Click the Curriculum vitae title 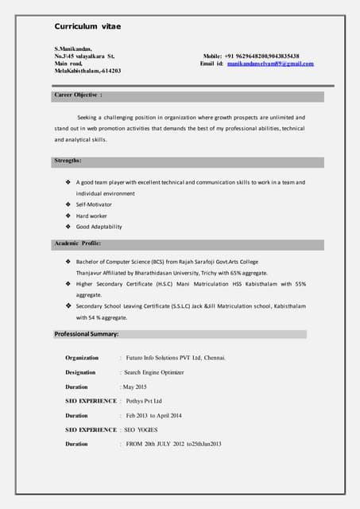tap(88, 27)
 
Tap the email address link tap(270, 64)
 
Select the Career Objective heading tap(78, 95)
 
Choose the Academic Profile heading tap(77, 243)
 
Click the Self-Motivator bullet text tap(94, 204)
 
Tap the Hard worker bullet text tap(91, 216)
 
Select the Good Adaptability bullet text tap(99, 227)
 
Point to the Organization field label tap(82, 358)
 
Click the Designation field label tap(80, 372)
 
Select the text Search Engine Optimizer tap(154, 372)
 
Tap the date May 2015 tap(135, 387)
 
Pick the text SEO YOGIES tap(141, 429)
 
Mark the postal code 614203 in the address tap(109, 72)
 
